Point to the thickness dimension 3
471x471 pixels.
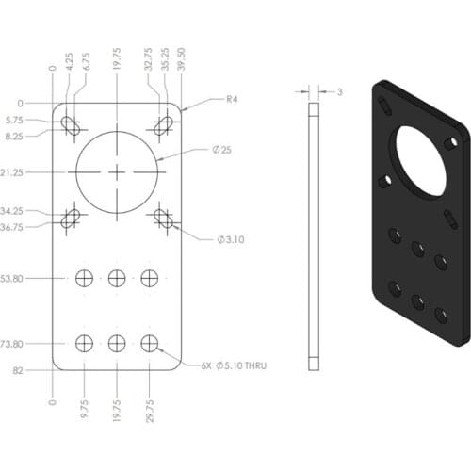339,91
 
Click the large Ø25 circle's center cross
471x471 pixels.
116,173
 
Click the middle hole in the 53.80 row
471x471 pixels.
116,278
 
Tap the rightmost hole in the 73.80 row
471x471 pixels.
149,344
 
